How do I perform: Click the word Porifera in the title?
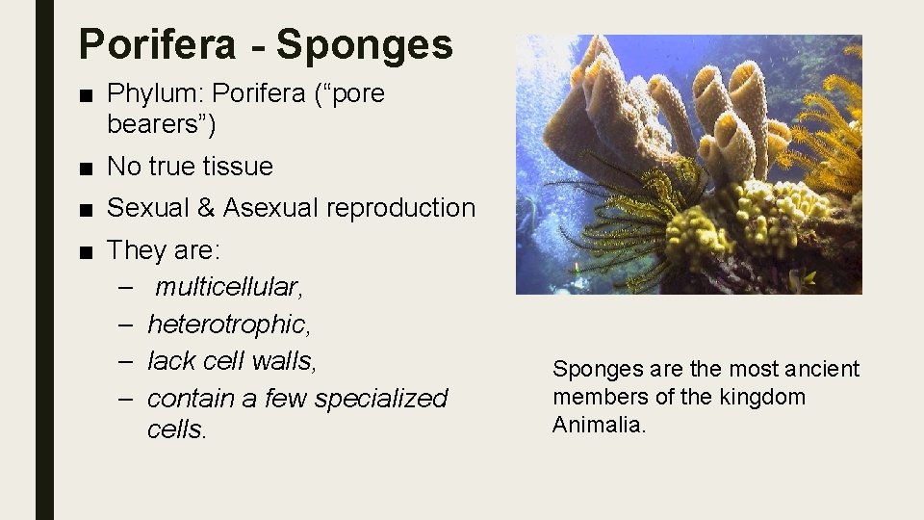tap(156, 44)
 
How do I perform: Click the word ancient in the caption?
tap(821, 369)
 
